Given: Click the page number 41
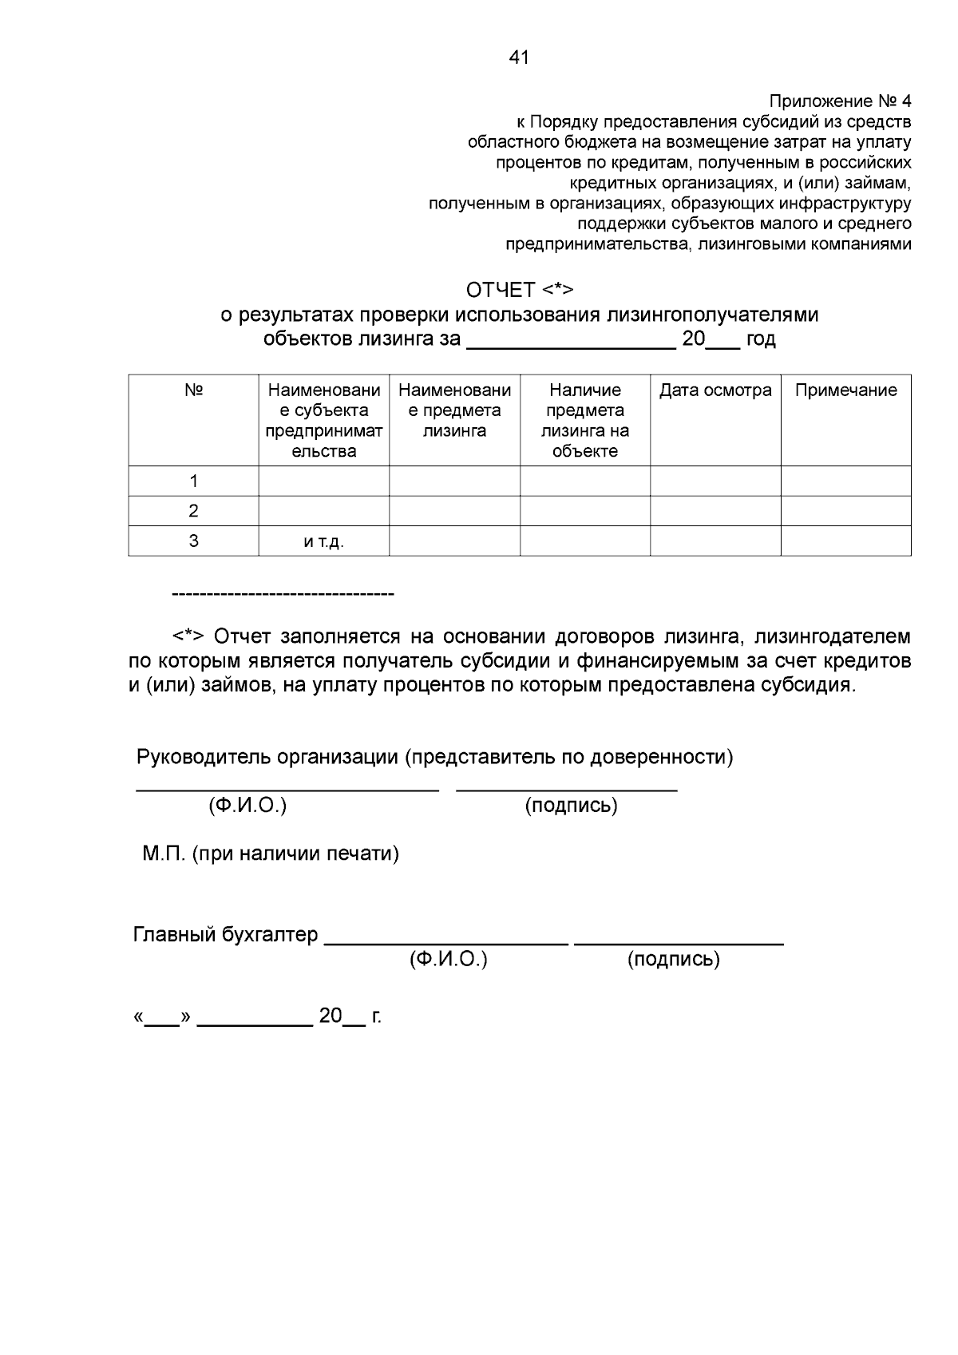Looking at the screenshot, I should click(518, 57).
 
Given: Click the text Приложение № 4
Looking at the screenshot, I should click(839, 101).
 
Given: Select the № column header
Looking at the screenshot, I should click(193, 390).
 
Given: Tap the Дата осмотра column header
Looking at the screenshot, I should click(715, 390).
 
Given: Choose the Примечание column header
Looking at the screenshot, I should click(845, 390).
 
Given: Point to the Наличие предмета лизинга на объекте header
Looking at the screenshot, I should click(585, 420).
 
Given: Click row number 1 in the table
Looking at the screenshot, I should click(193, 481).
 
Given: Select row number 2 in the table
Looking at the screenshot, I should click(193, 511).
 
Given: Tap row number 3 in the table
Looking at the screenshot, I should click(193, 541).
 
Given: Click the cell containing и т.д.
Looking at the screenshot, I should click(323, 541).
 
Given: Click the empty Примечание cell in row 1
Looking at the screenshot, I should click(845, 481).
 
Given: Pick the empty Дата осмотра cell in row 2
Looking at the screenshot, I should click(715, 511).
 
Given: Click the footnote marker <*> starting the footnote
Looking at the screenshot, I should click(189, 636).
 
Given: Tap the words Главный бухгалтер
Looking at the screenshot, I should click(225, 934).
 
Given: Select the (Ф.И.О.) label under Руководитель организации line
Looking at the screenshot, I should click(247, 806).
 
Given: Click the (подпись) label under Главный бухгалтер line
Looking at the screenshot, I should click(674, 959).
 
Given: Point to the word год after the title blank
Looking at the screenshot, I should click(760, 339).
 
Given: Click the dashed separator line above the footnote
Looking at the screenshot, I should click(283, 595).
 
